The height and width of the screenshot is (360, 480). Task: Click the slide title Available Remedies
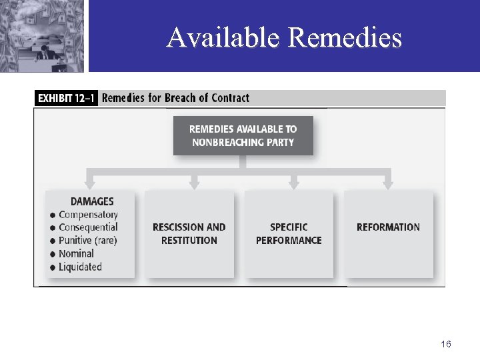[284, 37]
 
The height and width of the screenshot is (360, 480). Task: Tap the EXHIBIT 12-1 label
[66, 98]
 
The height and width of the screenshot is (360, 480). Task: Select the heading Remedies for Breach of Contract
[175, 98]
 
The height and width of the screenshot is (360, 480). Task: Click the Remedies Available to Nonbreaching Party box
[243, 135]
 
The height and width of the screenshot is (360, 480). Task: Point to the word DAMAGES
[92, 201]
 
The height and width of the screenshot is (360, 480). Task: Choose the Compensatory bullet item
[88, 215]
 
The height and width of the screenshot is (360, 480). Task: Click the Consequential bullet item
[88, 227]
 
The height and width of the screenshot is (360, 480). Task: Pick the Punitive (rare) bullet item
[87, 241]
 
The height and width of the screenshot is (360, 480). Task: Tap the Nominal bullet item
[76, 253]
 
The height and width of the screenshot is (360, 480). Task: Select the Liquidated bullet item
[80, 267]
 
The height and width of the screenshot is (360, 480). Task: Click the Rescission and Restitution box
[189, 233]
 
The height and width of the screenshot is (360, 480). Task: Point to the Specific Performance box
[289, 233]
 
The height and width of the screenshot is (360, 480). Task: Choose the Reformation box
[388, 227]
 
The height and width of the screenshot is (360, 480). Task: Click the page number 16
[446, 344]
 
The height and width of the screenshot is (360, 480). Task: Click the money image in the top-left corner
[42, 35]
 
